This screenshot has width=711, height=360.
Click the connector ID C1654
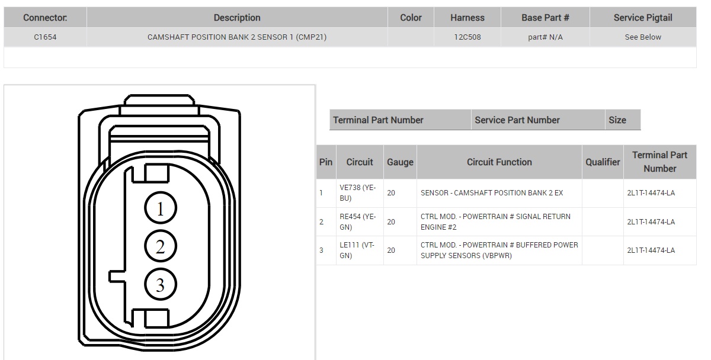(x=45, y=37)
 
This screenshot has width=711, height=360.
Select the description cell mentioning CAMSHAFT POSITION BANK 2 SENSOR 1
(x=237, y=37)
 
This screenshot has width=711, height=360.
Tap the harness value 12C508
(x=467, y=37)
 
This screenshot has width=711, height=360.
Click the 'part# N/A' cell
(x=545, y=37)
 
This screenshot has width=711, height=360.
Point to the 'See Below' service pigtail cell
(x=643, y=37)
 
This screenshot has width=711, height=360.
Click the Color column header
(x=411, y=17)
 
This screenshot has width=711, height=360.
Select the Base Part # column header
(x=545, y=17)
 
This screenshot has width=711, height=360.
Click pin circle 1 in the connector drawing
(x=160, y=208)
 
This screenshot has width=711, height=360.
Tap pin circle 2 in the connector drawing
(x=160, y=246)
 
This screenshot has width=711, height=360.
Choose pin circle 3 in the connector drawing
(x=160, y=285)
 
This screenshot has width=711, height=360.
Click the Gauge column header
(x=400, y=162)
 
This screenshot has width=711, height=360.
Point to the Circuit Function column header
(x=499, y=162)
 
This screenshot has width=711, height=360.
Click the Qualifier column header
(x=603, y=162)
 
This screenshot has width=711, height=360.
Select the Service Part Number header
(x=517, y=120)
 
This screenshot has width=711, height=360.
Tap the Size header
(x=617, y=120)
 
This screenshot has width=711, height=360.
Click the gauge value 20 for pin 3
(x=391, y=250)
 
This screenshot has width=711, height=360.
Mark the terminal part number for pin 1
(x=651, y=193)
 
